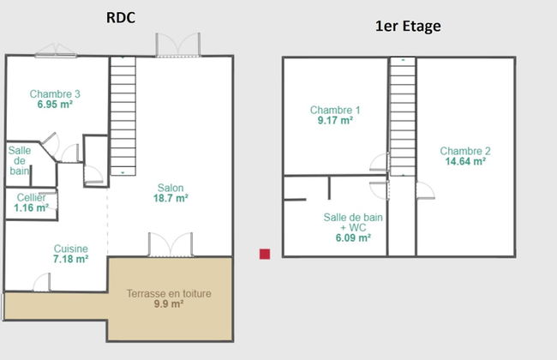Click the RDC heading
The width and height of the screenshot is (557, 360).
(121, 18)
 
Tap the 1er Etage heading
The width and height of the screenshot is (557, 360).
(408, 27)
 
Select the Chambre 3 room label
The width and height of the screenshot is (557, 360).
(55, 93)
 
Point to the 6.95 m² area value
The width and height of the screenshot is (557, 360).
(55, 105)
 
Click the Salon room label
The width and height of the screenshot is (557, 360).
(171, 188)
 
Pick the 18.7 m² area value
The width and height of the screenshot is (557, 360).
(171, 198)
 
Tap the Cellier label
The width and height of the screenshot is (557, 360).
(31, 197)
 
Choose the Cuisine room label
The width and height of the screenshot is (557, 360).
(70, 249)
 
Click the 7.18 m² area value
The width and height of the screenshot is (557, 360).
(70, 259)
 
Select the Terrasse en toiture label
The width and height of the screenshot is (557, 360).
(169, 293)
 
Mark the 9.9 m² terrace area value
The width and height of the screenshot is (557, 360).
(169, 304)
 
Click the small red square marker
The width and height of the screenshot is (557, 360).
(265, 254)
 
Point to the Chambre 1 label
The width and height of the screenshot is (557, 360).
(335, 110)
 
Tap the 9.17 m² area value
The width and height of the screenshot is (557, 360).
(335, 121)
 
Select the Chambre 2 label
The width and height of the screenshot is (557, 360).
(465, 151)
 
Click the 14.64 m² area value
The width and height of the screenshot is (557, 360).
(465, 161)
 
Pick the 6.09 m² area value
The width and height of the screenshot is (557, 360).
(353, 237)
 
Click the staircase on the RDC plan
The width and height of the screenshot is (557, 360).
(123, 116)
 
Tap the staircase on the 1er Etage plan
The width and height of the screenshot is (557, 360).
(403, 117)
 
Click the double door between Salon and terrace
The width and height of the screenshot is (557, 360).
(171, 244)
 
